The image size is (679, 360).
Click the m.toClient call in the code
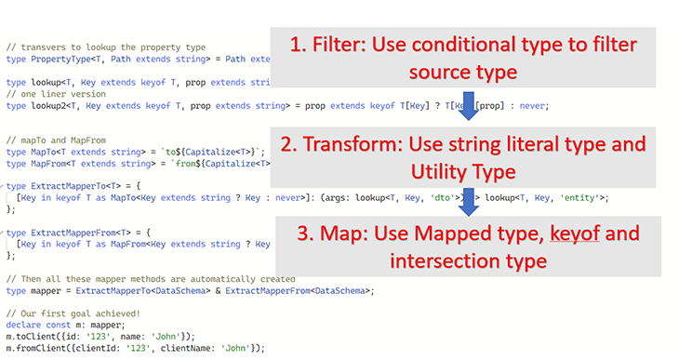pyautogui.click(x=33, y=337)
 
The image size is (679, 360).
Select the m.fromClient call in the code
pyautogui.click(x=38, y=348)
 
